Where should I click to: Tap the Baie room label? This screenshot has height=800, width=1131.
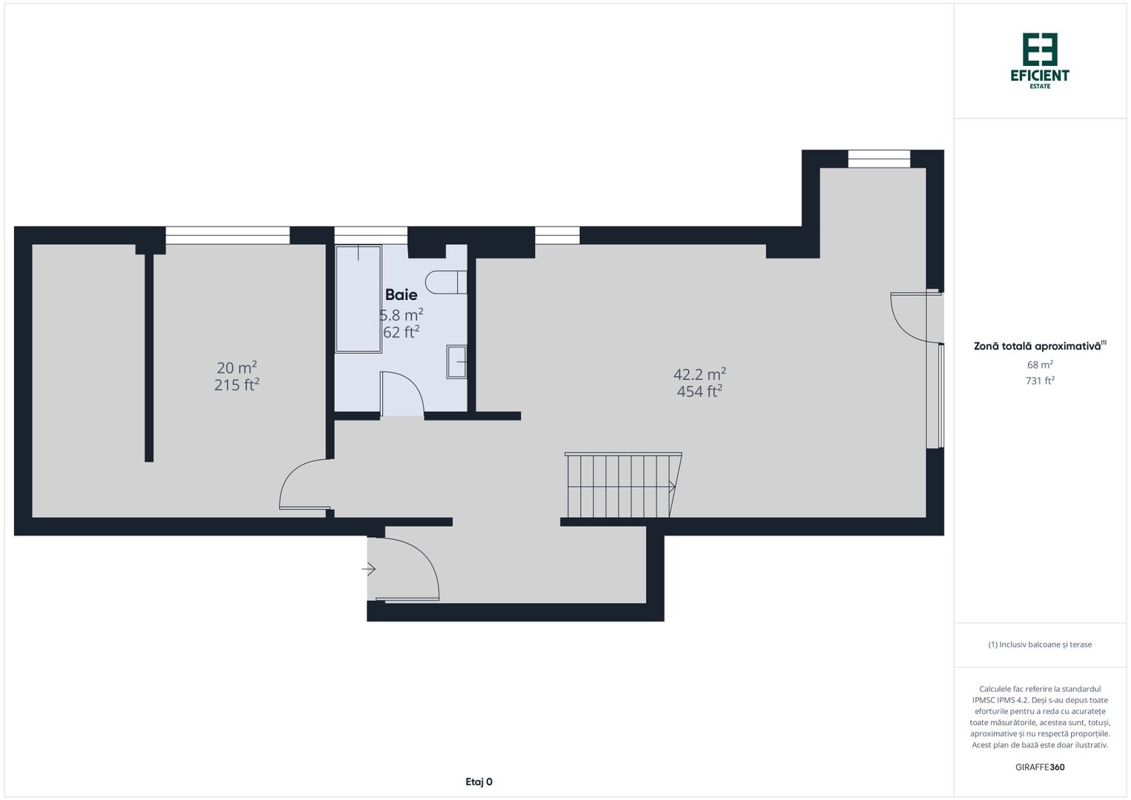(x=401, y=295)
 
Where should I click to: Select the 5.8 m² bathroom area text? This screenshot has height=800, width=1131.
(x=401, y=315)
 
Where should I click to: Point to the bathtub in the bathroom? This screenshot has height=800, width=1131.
(x=358, y=299)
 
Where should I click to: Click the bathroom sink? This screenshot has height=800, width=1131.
(x=457, y=362)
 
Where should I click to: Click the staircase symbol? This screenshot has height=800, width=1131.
(x=621, y=486)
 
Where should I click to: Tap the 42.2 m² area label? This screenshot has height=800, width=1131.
(x=699, y=374)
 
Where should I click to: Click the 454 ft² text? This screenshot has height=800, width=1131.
(x=699, y=392)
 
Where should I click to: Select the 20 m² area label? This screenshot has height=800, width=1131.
(x=236, y=367)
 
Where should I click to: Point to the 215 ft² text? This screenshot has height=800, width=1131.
(x=236, y=385)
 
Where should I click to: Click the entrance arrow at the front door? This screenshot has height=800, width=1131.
(x=369, y=569)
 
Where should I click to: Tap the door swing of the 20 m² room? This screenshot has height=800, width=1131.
(x=304, y=485)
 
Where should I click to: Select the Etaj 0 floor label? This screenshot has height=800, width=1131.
(x=478, y=781)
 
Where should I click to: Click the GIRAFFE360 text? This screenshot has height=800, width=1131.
(x=1039, y=767)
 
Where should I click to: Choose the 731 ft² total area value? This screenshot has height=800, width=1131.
(x=1039, y=381)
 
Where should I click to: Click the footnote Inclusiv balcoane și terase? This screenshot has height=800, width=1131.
(x=1039, y=644)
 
